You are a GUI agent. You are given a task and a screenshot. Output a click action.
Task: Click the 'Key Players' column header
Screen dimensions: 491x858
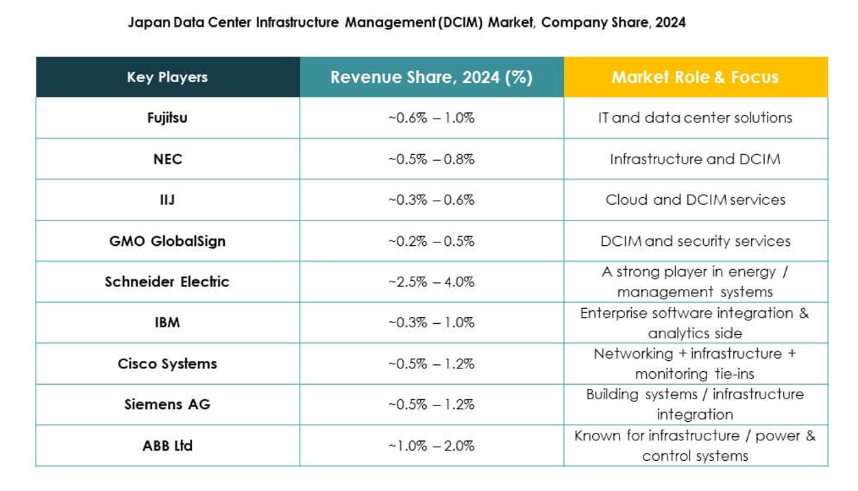click(x=167, y=77)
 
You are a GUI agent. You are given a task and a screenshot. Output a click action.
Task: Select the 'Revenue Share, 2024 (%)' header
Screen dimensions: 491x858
click(x=431, y=77)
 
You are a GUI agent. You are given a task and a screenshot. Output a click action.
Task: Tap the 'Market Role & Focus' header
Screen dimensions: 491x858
click(x=695, y=77)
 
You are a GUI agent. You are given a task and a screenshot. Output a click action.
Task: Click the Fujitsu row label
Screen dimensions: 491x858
click(x=167, y=118)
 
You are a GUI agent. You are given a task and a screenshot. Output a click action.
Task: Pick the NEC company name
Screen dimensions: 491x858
click(x=167, y=159)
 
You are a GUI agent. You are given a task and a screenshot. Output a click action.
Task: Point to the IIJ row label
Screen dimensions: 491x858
click(x=167, y=200)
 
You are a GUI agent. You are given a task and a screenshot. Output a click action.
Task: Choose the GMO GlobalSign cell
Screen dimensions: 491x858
click(x=167, y=241)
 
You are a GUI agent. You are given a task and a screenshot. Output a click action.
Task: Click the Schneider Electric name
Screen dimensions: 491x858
click(x=167, y=281)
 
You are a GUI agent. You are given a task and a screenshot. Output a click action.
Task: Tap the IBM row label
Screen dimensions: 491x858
click(x=167, y=323)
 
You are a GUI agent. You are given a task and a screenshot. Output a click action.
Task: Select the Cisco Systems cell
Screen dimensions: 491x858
click(x=167, y=364)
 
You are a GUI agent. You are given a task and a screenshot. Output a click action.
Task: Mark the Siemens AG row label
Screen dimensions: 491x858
click(x=167, y=404)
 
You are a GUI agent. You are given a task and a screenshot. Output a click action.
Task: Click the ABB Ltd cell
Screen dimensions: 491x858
click(x=167, y=445)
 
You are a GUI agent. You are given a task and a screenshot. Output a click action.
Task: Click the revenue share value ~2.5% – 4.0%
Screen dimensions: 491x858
click(x=431, y=281)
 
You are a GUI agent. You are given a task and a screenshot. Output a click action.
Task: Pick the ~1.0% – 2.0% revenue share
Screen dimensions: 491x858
click(x=431, y=445)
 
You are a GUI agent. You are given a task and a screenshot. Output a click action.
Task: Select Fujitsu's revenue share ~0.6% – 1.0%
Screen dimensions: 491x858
click(x=431, y=118)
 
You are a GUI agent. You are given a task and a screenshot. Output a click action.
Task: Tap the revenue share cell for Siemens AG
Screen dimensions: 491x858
click(x=431, y=404)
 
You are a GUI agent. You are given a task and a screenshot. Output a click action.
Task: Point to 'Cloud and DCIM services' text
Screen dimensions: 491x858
click(x=695, y=200)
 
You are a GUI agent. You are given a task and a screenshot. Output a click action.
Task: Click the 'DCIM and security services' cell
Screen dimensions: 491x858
click(x=695, y=241)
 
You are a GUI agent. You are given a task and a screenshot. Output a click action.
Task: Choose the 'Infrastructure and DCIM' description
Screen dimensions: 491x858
click(x=695, y=159)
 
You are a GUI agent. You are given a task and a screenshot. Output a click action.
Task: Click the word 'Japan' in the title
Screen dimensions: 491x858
click(x=145, y=23)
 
